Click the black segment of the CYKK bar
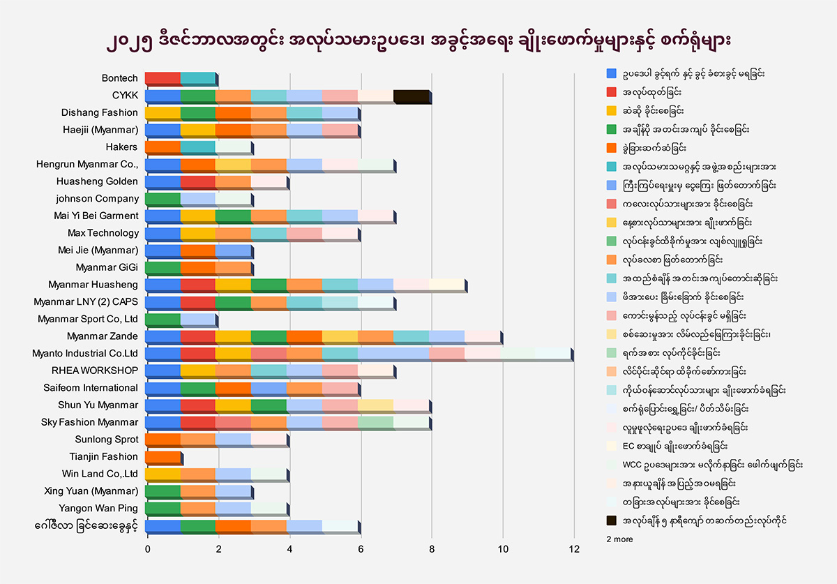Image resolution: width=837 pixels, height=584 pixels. coord(412,96)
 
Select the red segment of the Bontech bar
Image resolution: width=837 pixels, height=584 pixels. coord(163,78)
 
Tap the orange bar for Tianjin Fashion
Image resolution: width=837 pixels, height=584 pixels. coord(163,457)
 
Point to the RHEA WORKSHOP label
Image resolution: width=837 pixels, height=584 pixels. coord(95,370)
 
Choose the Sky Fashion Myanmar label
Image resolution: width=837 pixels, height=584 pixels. coord(90,422)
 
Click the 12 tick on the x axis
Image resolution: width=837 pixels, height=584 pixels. coord(574,550)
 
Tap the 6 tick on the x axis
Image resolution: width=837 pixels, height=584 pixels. coord(360,550)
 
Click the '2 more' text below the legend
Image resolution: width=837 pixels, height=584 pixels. coord(619,539)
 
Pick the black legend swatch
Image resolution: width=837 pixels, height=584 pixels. coord(612,521)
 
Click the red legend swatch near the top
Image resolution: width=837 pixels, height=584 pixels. coord(612,91)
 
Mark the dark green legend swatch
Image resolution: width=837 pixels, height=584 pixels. coord(612,129)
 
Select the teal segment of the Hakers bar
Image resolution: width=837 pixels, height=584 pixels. coord(198,147)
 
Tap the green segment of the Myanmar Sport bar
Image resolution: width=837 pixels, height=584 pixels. coord(163,320)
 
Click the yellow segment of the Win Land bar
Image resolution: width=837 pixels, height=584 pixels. coord(163,474)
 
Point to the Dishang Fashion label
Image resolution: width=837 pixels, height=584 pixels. coord(100,112)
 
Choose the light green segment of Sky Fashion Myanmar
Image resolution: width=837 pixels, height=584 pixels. coord(376,423)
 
